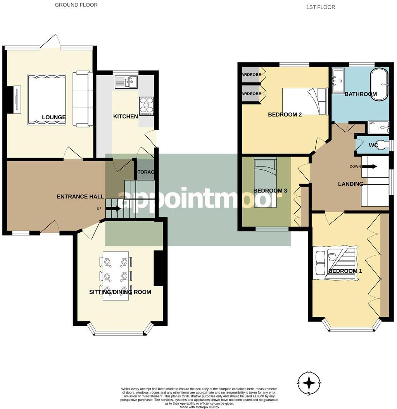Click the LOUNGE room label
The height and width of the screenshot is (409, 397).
point(54,117)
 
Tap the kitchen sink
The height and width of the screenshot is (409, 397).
point(126,82)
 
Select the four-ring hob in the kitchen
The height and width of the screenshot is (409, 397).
point(147,105)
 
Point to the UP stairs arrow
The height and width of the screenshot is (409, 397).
point(113,209)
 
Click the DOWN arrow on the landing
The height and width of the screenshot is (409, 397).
point(371,167)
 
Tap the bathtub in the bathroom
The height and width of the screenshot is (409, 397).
point(380,85)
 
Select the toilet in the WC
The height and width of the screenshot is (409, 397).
point(382,145)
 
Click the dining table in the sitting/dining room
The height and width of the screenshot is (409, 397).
point(116,275)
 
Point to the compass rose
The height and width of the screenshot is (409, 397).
point(309,383)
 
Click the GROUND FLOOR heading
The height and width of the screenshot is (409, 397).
point(76,5)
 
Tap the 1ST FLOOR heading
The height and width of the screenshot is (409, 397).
point(321,7)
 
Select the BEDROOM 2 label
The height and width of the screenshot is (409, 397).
point(285,114)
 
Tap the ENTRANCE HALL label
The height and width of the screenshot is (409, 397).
point(80,197)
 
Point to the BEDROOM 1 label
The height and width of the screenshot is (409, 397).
point(345,271)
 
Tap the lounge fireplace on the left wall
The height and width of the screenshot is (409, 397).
point(16,100)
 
